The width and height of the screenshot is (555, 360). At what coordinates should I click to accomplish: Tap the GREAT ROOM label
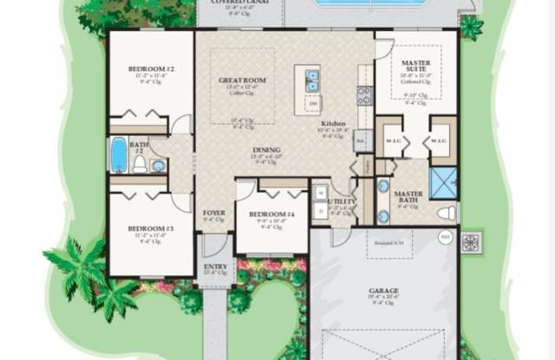coord(236,80)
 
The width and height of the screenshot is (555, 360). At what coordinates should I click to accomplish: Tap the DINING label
coord(266,150)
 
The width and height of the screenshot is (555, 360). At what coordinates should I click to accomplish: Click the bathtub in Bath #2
coord(119,155)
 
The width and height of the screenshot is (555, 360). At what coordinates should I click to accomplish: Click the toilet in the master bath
coord(447,213)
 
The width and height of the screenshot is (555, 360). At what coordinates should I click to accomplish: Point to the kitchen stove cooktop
coord(365,95)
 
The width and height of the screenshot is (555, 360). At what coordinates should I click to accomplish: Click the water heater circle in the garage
coord(446,236)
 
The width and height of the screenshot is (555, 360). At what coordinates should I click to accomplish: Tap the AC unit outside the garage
coord(473,240)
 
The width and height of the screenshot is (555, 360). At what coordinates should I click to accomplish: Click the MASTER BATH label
coord(408,198)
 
